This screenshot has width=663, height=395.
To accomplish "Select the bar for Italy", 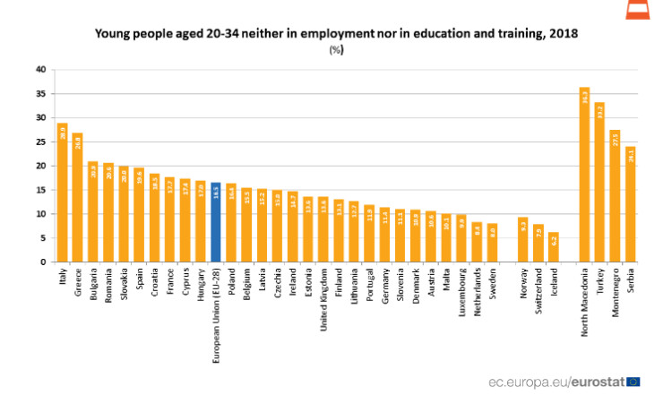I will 63,193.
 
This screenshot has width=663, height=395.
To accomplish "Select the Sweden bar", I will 492,243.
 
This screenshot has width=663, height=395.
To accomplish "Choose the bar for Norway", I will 523,240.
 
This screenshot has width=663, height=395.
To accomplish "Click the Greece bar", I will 78,198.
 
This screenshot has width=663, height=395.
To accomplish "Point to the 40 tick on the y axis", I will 40,69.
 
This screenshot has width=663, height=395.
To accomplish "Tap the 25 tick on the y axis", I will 40,142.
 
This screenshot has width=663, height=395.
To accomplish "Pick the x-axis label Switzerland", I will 539,293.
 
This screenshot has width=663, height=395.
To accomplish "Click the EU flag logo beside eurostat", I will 633,381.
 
